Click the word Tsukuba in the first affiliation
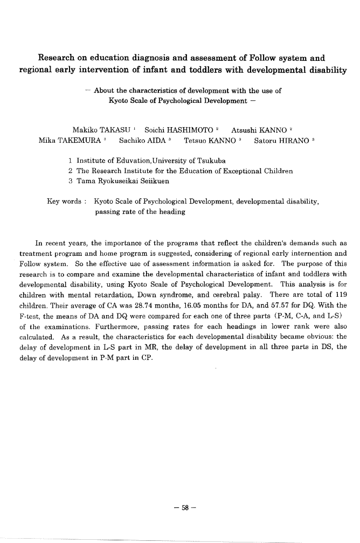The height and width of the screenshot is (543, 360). click(211, 161)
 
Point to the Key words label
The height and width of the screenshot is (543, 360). click(64, 201)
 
